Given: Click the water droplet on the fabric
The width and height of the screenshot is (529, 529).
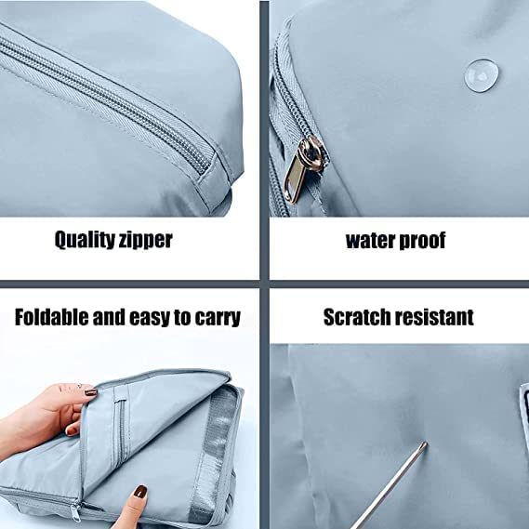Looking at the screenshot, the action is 482,75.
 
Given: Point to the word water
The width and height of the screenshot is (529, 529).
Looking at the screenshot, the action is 370,240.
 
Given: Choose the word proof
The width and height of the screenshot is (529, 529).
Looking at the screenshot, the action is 422,241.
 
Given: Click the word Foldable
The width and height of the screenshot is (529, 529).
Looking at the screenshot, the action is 52,317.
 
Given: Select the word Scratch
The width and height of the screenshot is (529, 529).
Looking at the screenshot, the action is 357,317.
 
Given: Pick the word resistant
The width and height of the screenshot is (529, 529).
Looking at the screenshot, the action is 434,317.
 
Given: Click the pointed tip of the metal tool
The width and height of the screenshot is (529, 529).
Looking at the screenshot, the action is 426,443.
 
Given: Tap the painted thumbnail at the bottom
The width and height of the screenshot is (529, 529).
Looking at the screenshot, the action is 140,491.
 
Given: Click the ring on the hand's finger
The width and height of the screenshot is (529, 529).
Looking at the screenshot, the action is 79,386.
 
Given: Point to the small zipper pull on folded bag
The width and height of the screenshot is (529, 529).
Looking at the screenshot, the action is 76,512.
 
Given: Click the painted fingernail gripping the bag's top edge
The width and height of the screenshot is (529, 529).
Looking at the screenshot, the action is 91,392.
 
